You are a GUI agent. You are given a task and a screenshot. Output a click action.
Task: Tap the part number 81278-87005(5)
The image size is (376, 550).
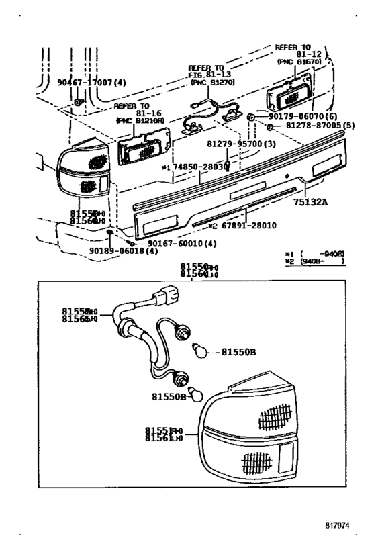click(308, 126)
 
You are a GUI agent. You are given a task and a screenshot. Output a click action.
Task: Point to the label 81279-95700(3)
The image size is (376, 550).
click(233, 144)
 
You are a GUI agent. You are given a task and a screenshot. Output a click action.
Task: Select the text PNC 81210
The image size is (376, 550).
click(136, 121)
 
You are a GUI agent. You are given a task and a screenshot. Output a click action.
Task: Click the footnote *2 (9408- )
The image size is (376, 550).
click(314, 261)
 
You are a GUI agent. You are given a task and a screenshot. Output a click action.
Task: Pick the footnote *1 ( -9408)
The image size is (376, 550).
click(314, 254)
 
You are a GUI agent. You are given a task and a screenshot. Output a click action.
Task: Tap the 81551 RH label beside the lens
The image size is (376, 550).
click(163, 430)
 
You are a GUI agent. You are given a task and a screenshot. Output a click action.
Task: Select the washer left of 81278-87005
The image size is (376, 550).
click(269, 126)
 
